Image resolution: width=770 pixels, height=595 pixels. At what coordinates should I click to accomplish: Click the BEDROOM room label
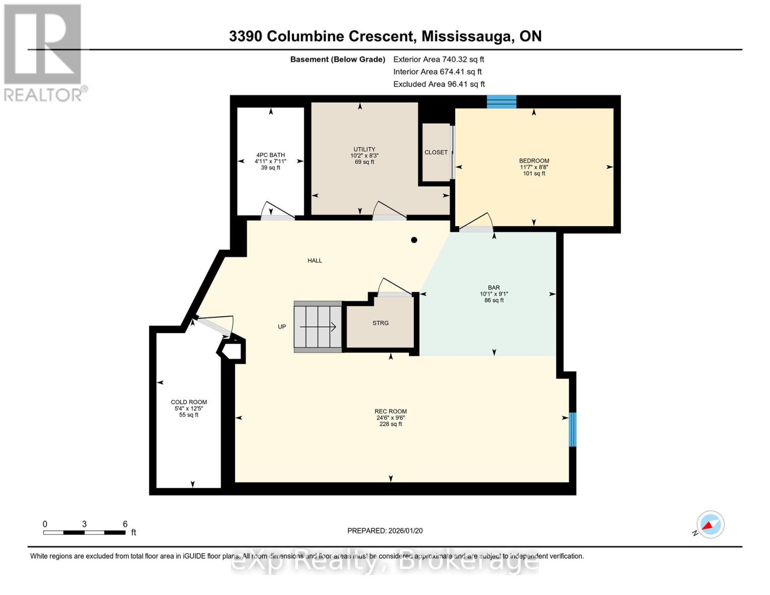pos(534,161)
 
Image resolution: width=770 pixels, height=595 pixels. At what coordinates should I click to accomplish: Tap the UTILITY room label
pos(364,150)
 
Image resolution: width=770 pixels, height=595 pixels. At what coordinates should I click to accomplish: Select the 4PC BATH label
pos(270,155)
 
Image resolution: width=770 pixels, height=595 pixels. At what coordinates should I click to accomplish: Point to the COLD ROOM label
pos(189,403)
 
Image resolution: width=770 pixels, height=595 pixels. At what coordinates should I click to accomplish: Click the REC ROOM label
pos(391,412)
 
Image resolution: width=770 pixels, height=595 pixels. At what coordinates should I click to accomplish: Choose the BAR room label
pos(494,288)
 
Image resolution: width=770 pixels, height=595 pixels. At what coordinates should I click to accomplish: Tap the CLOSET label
pos(436,153)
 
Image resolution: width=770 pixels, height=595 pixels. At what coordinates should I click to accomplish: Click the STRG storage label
pos(380,323)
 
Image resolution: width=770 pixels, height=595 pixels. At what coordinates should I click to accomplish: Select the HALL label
pos(315,261)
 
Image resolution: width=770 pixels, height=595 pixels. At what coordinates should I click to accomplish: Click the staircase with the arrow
pos(318,327)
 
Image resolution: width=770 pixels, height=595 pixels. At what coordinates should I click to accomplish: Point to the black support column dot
pos(414,240)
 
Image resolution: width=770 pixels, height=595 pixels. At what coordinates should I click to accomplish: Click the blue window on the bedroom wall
pos(501,102)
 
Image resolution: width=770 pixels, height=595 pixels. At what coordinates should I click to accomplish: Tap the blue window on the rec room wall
pos(572,429)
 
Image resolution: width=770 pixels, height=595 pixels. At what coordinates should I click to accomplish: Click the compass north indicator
pos(710,525)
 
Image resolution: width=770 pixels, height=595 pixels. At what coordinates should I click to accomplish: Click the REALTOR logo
pos(44,52)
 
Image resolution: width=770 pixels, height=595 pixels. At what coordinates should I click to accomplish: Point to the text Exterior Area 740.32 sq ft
pos(438,59)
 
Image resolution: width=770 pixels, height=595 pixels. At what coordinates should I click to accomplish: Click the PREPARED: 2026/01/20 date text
pos(385,531)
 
